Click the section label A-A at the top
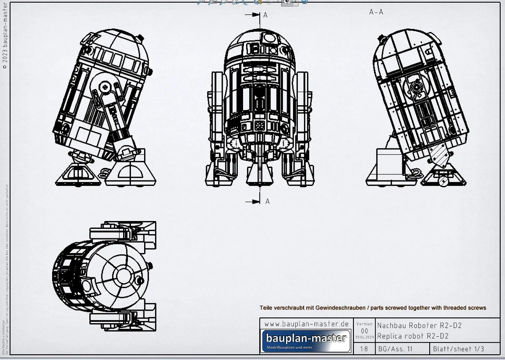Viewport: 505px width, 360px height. [376, 12]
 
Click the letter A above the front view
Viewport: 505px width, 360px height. [265, 15]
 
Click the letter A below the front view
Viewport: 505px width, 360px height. [267, 201]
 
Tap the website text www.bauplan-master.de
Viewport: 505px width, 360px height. [306, 324]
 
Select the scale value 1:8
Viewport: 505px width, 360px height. [364, 349]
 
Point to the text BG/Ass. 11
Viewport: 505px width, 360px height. [395, 349]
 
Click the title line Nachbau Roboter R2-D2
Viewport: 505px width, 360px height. [419, 326]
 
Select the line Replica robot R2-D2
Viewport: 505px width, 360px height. [413, 336]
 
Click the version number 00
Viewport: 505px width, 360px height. [364, 331]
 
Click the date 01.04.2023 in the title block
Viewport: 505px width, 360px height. [364, 337]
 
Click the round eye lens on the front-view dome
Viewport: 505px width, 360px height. [269, 38]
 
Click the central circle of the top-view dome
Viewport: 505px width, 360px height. [124, 275]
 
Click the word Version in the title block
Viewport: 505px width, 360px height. [364, 324]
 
